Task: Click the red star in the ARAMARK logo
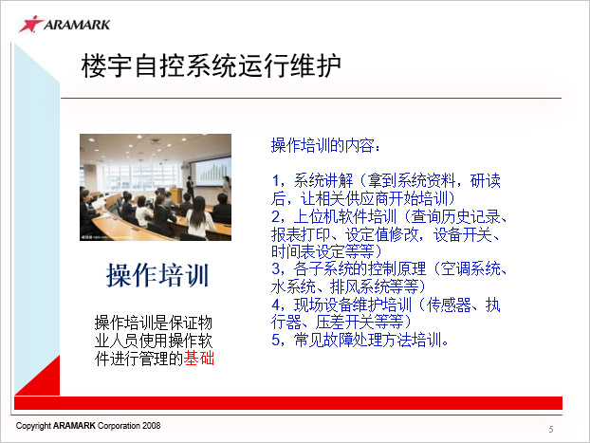pyautogui.click(x=31, y=24)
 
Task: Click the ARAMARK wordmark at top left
pyautogui.click(x=77, y=25)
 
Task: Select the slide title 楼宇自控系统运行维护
pyautogui.click(x=212, y=65)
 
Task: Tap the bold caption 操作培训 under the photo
pyautogui.click(x=157, y=275)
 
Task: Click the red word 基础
pyautogui.click(x=198, y=358)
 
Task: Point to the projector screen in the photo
pyautogui.click(x=211, y=172)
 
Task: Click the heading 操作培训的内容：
pyautogui.click(x=326, y=145)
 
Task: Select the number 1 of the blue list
pyautogui.click(x=276, y=180)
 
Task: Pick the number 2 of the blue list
pyautogui.click(x=276, y=216)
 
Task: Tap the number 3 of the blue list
pyautogui.click(x=276, y=268)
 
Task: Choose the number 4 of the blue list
pyautogui.click(x=276, y=305)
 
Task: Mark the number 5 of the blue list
pyautogui.click(x=276, y=340)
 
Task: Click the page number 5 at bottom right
pyautogui.click(x=551, y=429)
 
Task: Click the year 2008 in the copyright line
pyautogui.click(x=151, y=426)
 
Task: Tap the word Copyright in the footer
pyautogui.click(x=33, y=426)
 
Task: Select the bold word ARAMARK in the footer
pyautogui.click(x=74, y=426)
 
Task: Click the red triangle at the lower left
pyautogui.click(x=43, y=381)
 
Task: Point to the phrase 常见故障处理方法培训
pyautogui.click(x=367, y=340)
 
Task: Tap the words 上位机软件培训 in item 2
pyautogui.click(x=345, y=216)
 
